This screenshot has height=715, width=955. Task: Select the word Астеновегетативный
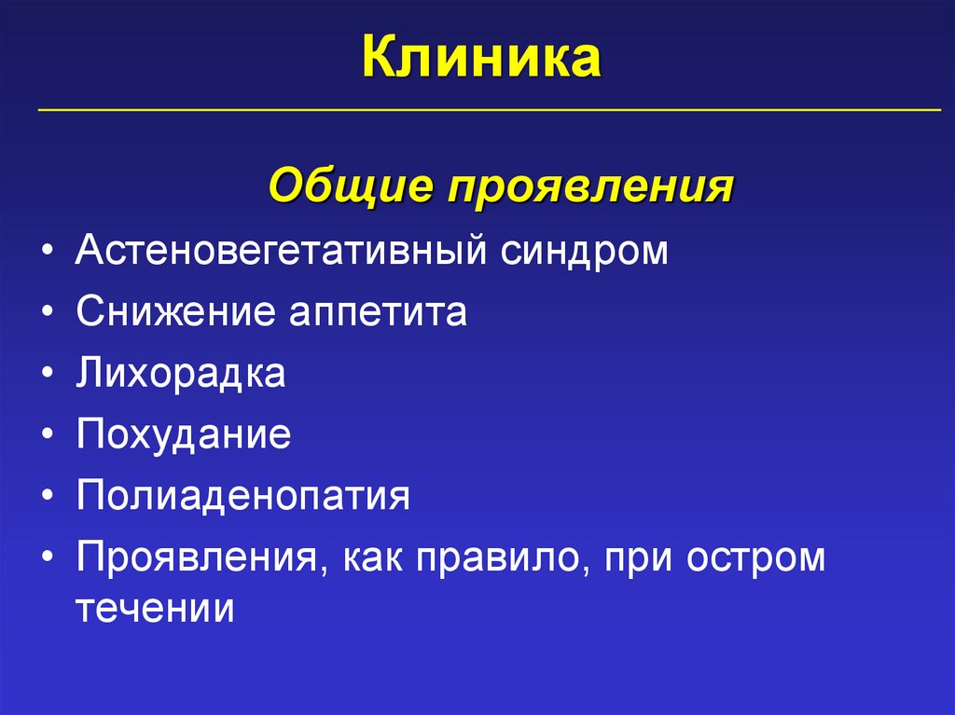click(284, 252)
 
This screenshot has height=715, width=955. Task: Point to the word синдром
click(585, 252)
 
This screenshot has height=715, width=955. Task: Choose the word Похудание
click(184, 434)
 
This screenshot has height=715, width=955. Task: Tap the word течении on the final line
click(154, 610)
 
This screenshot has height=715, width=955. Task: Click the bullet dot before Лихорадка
click(48, 375)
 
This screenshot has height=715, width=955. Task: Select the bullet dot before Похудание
click(48, 436)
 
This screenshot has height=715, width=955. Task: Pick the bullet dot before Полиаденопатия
click(48, 497)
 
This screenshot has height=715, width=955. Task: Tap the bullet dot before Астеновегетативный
click(48, 253)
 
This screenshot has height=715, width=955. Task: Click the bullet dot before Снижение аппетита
click(48, 314)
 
